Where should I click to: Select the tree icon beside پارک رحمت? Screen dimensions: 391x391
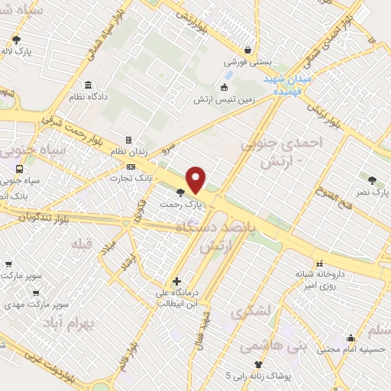[x=180, y=192]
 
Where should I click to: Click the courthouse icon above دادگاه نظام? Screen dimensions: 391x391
[x=89, y=85]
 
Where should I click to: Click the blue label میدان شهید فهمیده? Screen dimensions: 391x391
[x=286, y=84]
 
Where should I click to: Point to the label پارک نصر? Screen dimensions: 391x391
[x=372, y=193]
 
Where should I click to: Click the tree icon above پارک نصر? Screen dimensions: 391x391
[x=372, y=181]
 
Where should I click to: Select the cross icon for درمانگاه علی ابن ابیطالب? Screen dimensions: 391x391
[x=177, y=281]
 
